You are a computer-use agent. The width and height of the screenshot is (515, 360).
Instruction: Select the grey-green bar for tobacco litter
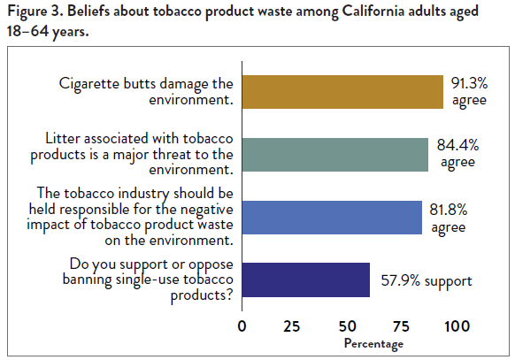tap(335, 154)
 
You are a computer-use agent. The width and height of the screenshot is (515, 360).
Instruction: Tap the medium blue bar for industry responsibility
tap(332, 217)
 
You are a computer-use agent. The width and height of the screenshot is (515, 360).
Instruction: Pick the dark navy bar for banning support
tap(306, 280)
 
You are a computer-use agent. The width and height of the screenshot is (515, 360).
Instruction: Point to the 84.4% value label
tap(457, 154)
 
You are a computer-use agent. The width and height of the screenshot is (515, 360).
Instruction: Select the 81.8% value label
tap(450, 217)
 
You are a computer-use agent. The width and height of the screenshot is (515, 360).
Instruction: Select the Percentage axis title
tap(373, 343)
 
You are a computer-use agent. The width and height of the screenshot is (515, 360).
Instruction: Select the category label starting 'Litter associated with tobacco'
tap(142, 154)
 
